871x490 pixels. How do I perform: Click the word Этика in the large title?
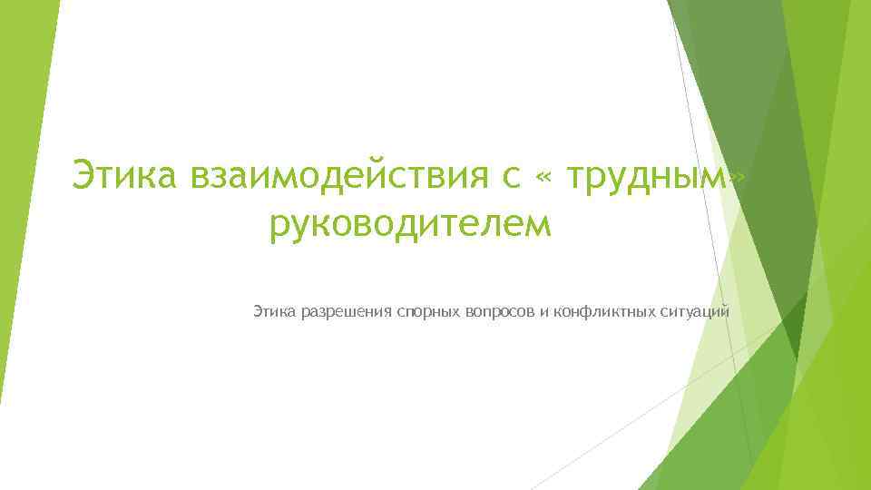126,173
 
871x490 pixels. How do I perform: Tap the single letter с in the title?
508,175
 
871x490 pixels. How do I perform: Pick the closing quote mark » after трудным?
739,179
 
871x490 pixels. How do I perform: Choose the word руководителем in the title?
410,222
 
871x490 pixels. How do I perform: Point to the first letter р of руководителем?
278,226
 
